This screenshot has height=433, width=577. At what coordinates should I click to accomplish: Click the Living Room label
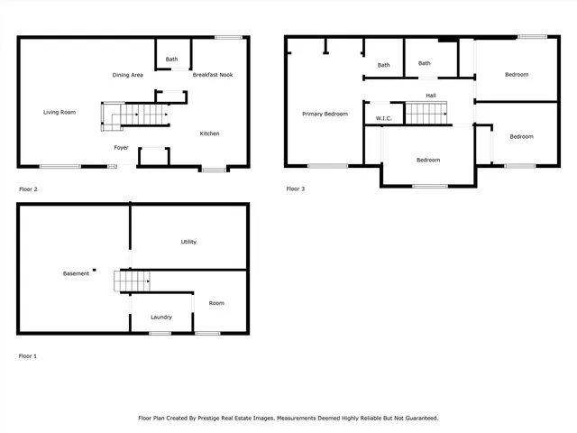[60, 113]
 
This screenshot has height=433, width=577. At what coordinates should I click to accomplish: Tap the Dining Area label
[128, 75]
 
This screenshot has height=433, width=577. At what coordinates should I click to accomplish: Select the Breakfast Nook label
[213, 75]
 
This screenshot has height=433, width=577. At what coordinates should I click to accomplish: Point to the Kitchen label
[209, 134]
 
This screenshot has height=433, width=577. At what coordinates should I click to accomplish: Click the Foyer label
[121, 147]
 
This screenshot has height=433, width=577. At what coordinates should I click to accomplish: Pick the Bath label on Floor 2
[171, 60]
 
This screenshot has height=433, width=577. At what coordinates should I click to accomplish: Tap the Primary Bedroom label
[325, 114]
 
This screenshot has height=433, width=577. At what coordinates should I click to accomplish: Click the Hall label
[431, 96]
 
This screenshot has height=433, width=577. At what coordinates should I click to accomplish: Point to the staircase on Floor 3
[427, 114]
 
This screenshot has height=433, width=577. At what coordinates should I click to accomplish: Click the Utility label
[188, 242]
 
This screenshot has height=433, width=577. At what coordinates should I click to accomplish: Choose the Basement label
[76, 273]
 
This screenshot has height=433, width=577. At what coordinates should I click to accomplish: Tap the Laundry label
[161, 317]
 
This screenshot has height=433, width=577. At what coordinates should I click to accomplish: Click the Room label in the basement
[216, 303]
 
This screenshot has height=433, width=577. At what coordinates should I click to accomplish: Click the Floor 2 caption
[28, 189]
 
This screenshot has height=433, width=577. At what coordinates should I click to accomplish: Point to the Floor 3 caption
[296, 189]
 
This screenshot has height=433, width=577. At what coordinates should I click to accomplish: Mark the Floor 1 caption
[28, 356]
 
